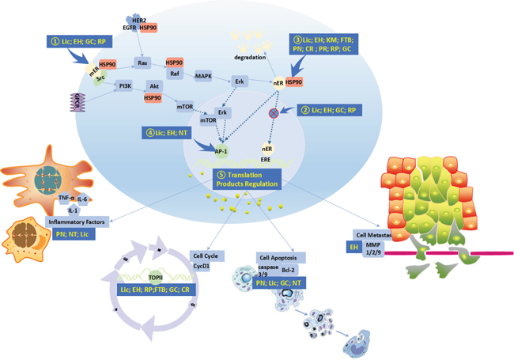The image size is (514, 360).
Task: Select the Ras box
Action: (143, 63)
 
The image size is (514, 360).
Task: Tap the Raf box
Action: (173, 74)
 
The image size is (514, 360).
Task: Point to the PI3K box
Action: (124, 85)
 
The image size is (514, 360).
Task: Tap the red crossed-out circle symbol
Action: (274, 113)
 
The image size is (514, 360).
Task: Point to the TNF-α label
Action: (67, 198)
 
